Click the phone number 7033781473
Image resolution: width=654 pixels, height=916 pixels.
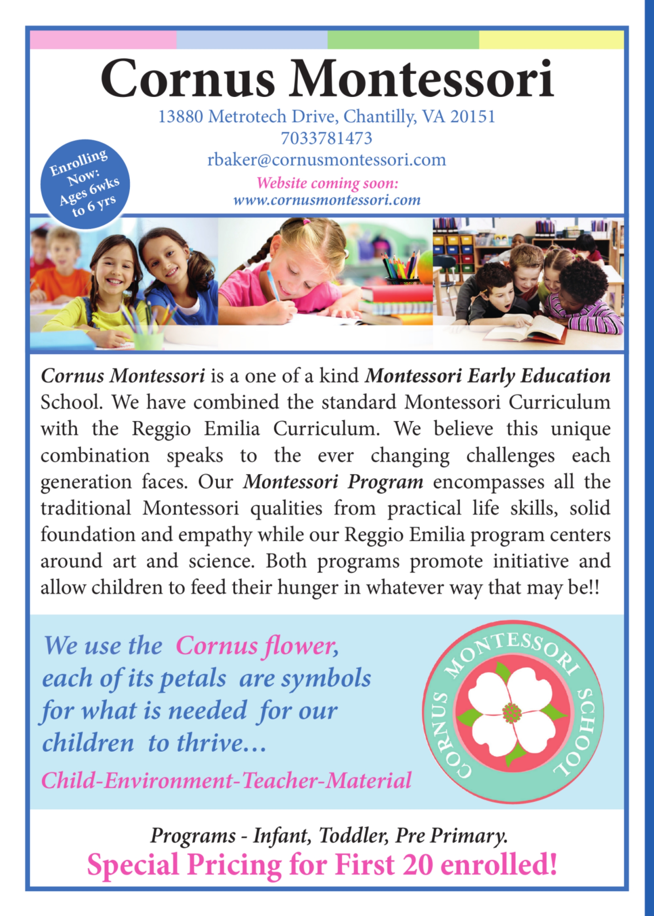click(x=326, y=138)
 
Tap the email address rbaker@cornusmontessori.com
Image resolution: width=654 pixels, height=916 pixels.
click(x=327, y=160)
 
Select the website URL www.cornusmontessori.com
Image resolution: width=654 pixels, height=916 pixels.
click(x=327, y=200)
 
